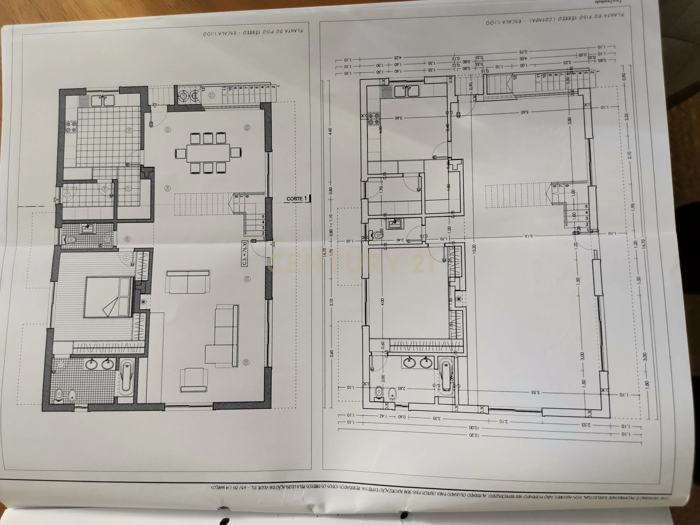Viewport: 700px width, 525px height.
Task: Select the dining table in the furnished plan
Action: coord(208,153)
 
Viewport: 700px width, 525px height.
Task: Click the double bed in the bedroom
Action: coord(108,297)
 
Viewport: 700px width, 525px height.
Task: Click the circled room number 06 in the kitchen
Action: coord(129,130)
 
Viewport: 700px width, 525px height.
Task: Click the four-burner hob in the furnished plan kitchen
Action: coord(71,127)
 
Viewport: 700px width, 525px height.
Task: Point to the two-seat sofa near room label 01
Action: coord(188,282)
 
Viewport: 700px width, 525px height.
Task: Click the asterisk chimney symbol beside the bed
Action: coord(143,302)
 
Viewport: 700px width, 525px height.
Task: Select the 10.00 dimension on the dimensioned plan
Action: coord(474,427)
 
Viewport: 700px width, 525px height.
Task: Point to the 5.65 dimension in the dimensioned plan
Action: coord(525,112)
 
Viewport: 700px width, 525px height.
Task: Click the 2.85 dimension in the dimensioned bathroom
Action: coord(401,388)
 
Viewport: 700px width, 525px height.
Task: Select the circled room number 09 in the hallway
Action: coord(128,239)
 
